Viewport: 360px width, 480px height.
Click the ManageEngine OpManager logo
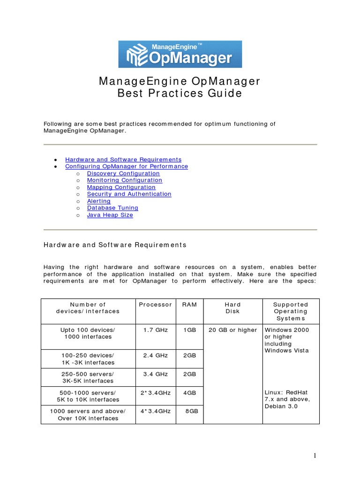[180, 54]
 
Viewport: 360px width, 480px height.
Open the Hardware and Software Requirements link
[123, 159]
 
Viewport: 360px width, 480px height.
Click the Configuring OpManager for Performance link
[127, 166]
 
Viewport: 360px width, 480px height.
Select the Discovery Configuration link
[123, 173]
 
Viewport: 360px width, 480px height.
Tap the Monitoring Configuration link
[125, 180]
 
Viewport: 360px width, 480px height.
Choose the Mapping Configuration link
[121, 187]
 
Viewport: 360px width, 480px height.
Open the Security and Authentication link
[129, 194]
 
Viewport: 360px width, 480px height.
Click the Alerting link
[99, 201]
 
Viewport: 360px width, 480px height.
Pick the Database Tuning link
[112, 208]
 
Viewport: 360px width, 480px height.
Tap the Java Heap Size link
[110, 215]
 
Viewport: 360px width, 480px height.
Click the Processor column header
[156, 305]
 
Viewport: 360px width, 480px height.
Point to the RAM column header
[190, 305]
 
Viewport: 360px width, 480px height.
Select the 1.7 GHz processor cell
[156, 330]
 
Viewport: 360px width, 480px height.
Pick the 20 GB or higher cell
[233, 330]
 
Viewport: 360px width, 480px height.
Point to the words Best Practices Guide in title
[180, 93]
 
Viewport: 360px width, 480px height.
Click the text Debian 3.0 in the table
[281, 406]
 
